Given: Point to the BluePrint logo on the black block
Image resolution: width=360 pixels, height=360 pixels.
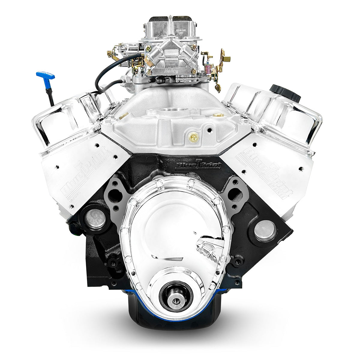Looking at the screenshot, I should tap(198, 164).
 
